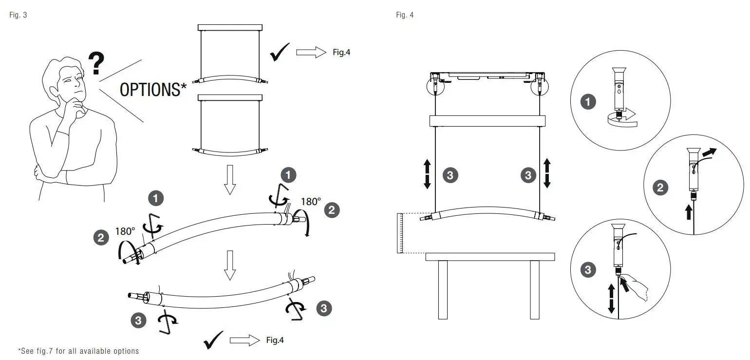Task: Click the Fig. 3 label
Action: click(x=18, y=15)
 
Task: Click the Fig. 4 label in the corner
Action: click(x=405, y=15)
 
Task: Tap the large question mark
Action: click(x=96, y=64)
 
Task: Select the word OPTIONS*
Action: click(x=153, y=90)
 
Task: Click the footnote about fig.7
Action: click(x=78, y=351)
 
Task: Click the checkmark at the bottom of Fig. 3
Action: click(x=213, y=340)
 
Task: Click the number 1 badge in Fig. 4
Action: click(x=588, y=102)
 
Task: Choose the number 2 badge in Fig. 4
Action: click(x=660, y=188)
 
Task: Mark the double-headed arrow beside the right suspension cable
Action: click(x=546, y=173)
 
